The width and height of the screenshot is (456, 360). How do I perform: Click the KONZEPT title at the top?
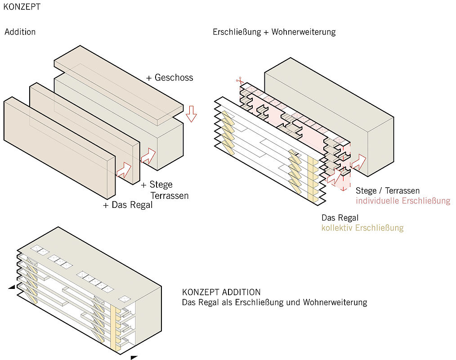click(x=22, y=7)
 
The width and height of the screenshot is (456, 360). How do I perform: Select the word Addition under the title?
click(x=20, y=32)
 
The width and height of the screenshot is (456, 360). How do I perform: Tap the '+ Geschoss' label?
click(x=170, y=78)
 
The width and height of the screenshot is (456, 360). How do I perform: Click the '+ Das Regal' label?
click(x=128, y=205)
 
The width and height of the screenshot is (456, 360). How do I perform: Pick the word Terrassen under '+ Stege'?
click(x=169, y=196)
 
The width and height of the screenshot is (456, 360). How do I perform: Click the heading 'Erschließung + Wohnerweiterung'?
click(x=274, y=32)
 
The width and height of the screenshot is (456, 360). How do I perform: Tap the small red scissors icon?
click(x=239, y=81)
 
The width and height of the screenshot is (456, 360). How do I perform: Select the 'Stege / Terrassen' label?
click(x=388, y=191)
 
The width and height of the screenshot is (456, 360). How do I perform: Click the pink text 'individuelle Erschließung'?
click(x=403, y=201)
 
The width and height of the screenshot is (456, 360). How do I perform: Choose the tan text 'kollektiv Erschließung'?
click(x=362, y=228)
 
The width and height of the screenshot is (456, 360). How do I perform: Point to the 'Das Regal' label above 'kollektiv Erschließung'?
click(x=340, y=218)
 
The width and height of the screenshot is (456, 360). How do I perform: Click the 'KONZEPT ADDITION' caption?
click(x=221, y=292)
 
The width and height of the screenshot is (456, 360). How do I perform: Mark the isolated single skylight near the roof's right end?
click(x=123, y=299)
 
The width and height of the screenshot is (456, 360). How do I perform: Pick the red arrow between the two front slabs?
click(x=124, y=170)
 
